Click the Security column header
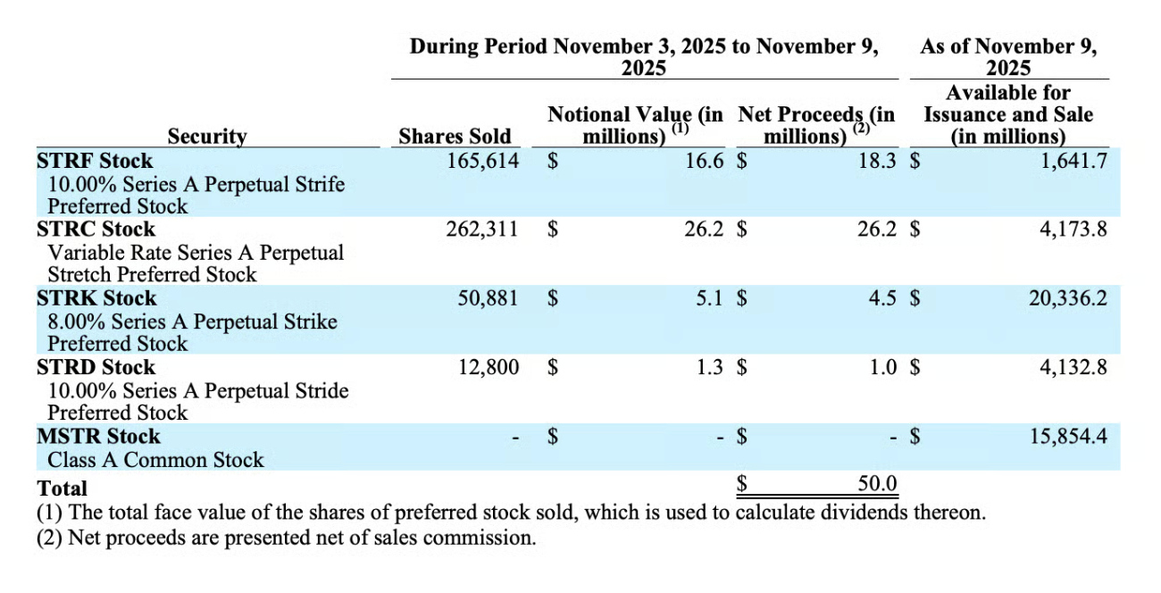[206, 137]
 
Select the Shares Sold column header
[455, 137]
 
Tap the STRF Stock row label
[95, 162]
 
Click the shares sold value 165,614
[482, 162]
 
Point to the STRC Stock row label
[96, 230]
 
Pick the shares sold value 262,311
[482, 230]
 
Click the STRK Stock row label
[96, 298]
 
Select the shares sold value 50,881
[489, 298]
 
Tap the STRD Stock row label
[96, 367]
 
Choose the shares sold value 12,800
[489, 367]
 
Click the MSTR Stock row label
[98, 436]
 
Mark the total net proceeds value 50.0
[876, 484]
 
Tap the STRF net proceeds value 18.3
[877, 162]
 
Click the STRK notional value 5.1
[710, 298]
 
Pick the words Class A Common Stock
[155, 460]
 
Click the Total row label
[62, 488]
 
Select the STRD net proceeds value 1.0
[882, 367]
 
